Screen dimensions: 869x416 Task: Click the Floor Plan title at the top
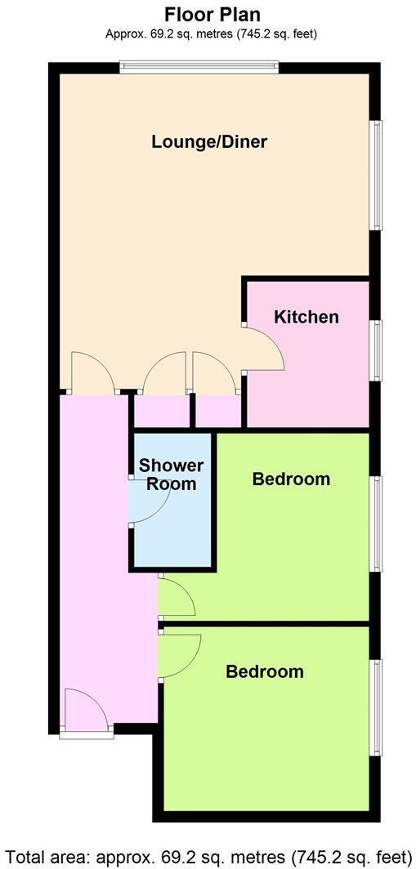[x=212, y=14]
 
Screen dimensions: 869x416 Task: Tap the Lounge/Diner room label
[x=209, y=141]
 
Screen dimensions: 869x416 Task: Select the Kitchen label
[x=306, y=317]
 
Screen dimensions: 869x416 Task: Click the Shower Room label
[x=171, y=475]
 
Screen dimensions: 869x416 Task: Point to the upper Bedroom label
[x=291, y=479]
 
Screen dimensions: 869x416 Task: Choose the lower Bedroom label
[x=265, y=671]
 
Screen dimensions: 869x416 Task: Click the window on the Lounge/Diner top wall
[x=199, y=68]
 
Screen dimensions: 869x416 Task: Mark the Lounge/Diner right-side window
[x=376, y=175]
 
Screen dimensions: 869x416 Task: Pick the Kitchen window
[x=376, y=351]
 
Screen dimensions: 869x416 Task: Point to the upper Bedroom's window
[x=376, y=524]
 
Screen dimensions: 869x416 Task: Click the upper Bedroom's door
[x=177, y=596]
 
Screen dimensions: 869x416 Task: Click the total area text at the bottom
[x=208, y=857]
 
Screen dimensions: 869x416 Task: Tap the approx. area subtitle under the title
[x=212, y=34]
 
